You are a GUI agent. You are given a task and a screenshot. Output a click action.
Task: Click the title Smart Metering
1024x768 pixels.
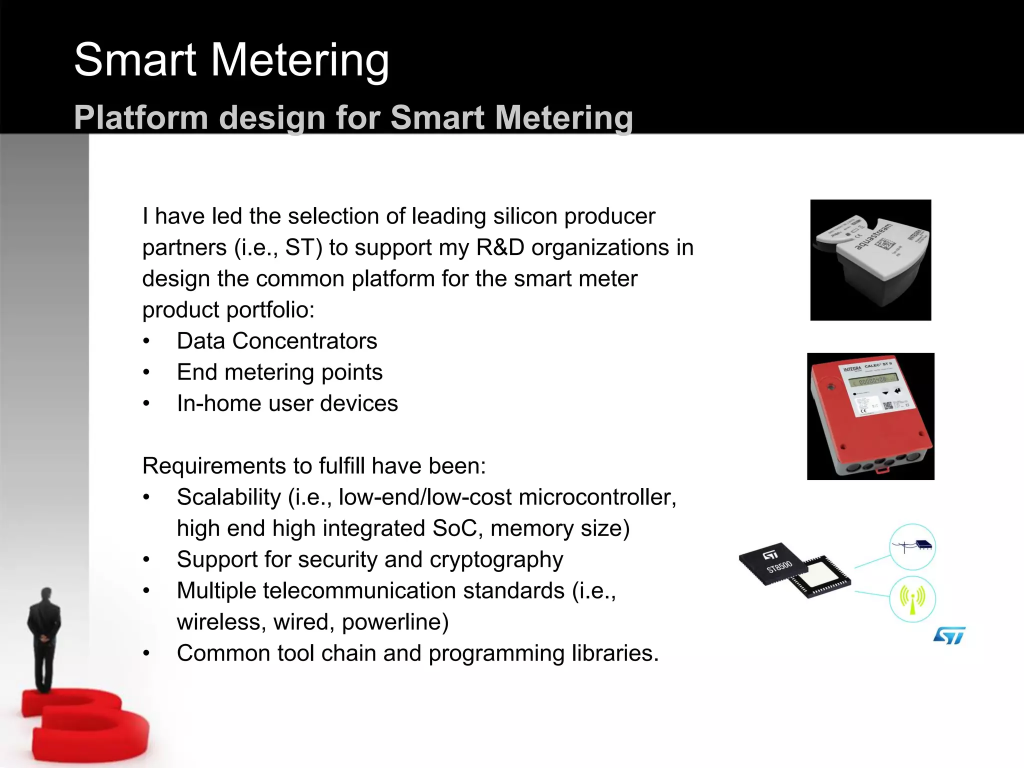tap(231, 60)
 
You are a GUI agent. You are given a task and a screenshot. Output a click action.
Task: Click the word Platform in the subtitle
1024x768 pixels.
tap(140, 118)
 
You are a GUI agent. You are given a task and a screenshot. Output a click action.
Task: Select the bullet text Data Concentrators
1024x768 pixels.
tap(276, 341)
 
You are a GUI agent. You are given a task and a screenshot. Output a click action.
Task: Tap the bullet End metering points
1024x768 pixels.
tap(279, 372)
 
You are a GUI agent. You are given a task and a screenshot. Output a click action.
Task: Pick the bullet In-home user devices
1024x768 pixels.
tap(287, 403)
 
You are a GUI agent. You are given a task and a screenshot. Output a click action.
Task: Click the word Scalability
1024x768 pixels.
tap(228, 497)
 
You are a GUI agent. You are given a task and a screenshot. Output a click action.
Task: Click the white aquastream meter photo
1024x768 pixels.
tap(870, 260)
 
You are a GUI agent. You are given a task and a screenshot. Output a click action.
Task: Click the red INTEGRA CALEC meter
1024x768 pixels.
tap(870, 416)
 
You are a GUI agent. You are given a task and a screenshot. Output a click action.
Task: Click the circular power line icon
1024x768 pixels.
tap(912, 546)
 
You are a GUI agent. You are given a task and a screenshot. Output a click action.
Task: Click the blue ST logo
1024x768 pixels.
tap(948, 635)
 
